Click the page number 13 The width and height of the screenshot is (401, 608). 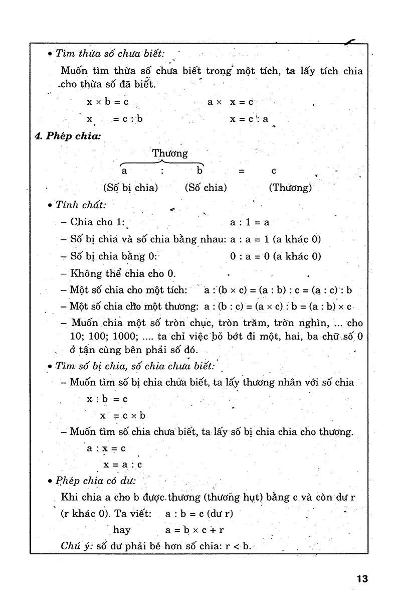tap(362, 578)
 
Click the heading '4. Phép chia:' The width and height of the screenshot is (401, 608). tap(68, 136)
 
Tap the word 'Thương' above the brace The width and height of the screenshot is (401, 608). tap(170, 153)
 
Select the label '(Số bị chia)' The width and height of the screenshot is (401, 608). tap(130, 188)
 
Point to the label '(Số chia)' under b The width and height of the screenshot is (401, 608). tap(206, 188)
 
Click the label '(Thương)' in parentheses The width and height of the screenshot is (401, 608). tap(290, 188)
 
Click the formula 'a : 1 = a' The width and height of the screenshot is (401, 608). tap(250, 222)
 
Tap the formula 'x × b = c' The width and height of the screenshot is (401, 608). tap(107, 102)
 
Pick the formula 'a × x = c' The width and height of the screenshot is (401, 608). tap(231, 102)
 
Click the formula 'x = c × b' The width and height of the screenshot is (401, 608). tap(122, 415)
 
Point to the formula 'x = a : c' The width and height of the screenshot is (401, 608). tap(123, 465)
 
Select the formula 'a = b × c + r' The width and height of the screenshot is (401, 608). tap(194, 529)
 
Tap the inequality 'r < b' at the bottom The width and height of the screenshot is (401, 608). tap(238, 546)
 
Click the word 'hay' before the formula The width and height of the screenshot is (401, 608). tap(122, 529)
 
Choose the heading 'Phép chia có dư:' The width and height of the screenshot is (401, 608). tap(96, 481)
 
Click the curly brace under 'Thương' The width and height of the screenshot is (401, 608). tap(162, 162)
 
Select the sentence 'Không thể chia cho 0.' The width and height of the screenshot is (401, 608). tap(122, 273)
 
